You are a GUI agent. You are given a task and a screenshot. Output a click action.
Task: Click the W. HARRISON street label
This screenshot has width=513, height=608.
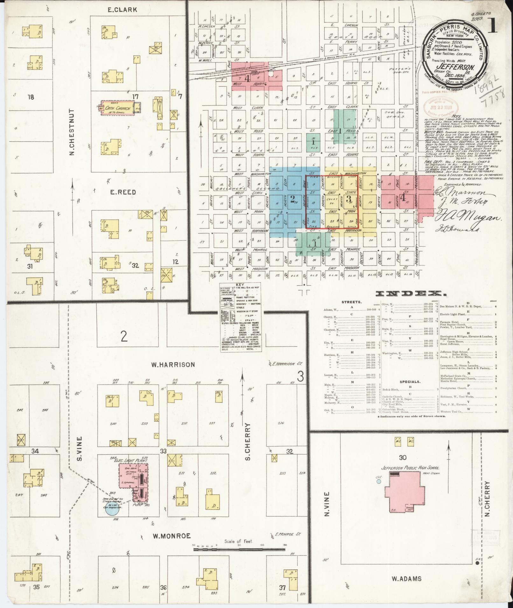pyautogui.click(x=173, y=365)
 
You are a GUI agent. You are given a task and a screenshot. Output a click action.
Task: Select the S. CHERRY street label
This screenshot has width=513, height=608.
pyautogui.click(x=248, y=442)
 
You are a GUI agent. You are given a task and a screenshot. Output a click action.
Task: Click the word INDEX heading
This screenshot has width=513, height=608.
pyautogui.click(x=410, y=294)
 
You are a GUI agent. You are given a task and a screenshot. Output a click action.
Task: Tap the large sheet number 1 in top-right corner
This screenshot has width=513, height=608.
pyautogui.click(x=493, y=27)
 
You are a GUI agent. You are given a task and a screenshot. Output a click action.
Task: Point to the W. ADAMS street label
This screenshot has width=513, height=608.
pyautogui.click(x=407, y=578)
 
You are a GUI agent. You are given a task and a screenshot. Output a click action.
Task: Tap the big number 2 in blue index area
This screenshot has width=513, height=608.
pyautogui.click(x=292, y=199)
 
